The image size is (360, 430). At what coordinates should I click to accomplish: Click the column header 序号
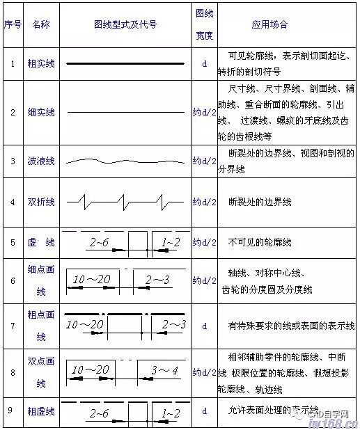(x=12, y=24)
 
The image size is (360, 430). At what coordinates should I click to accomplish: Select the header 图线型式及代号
(x=125, y=24)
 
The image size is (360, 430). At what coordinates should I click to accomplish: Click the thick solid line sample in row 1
(x=125, y=64)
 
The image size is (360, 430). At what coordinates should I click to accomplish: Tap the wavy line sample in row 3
(x=125, y=161)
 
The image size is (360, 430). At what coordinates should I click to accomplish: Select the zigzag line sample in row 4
(x=125, y=202)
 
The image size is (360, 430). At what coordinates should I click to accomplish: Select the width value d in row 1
(x=204, y=64)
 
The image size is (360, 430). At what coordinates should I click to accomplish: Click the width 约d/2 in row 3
(x=204, y=161)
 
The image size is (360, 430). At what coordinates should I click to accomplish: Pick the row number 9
(x=12, y=410)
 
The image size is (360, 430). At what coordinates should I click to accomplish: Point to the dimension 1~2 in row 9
(x=170, y=413)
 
